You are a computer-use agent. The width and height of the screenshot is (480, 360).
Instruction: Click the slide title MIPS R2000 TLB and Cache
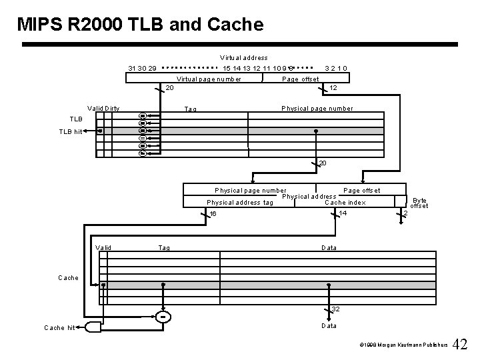click(141, 25)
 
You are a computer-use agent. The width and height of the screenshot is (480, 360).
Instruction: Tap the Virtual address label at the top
click(244, 58)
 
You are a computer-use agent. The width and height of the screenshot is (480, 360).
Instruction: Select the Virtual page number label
click(209, 79)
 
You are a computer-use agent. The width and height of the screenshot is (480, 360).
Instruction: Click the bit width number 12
click(334, 87)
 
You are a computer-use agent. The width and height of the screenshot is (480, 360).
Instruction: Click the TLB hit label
click(69, 132)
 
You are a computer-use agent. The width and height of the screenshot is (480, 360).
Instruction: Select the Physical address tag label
click(240, 202)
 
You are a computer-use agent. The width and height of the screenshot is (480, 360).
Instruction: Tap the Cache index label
click(345, 202)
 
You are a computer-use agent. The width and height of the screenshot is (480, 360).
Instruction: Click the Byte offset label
click(419, 203)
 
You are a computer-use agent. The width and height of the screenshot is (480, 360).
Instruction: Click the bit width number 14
click(343, 213)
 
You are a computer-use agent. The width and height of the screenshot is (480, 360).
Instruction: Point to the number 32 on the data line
click(336, 309)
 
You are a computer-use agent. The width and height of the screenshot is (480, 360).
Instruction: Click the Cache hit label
click(59, 327)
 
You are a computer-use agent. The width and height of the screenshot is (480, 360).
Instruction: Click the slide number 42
click(460, 345)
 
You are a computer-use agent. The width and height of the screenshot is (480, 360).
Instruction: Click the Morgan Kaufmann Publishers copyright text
click(399, 347)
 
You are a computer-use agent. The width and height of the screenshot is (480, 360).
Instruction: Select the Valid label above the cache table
click(103, 247)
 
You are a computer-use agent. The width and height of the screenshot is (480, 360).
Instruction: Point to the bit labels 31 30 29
click(143, 68)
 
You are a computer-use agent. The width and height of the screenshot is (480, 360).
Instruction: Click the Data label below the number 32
click(329, 325)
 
